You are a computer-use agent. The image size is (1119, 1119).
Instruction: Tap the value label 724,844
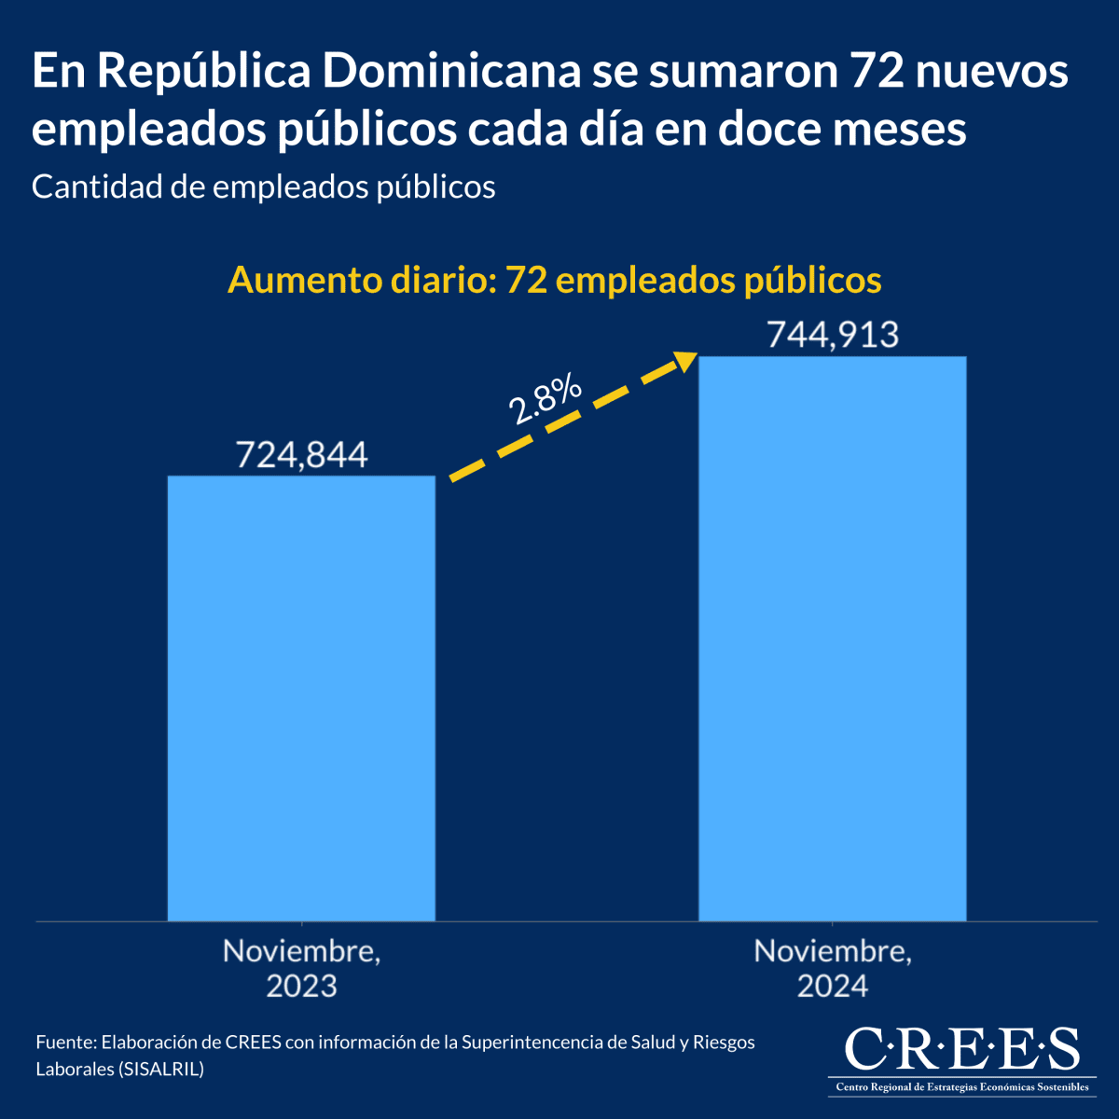(301, 454)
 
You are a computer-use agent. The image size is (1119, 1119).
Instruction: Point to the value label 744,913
(832, 334)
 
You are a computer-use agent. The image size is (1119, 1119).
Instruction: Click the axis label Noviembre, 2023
(301, 968)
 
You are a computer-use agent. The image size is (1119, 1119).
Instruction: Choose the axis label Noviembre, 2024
(832, 968)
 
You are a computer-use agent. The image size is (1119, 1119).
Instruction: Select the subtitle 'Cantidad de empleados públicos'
(263, 186)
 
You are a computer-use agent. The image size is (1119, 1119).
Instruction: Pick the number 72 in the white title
(877, 73)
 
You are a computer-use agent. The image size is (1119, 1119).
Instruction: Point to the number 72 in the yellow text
(525, 280)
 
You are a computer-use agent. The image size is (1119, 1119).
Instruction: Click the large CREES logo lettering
(961, 1050)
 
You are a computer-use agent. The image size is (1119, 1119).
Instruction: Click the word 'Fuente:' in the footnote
(65, 1042)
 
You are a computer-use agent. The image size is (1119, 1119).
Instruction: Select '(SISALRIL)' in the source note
(160, 1069)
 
